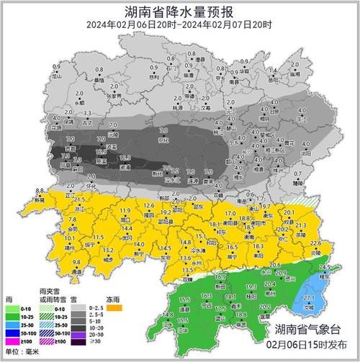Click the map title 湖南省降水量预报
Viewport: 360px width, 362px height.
[179, 11]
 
